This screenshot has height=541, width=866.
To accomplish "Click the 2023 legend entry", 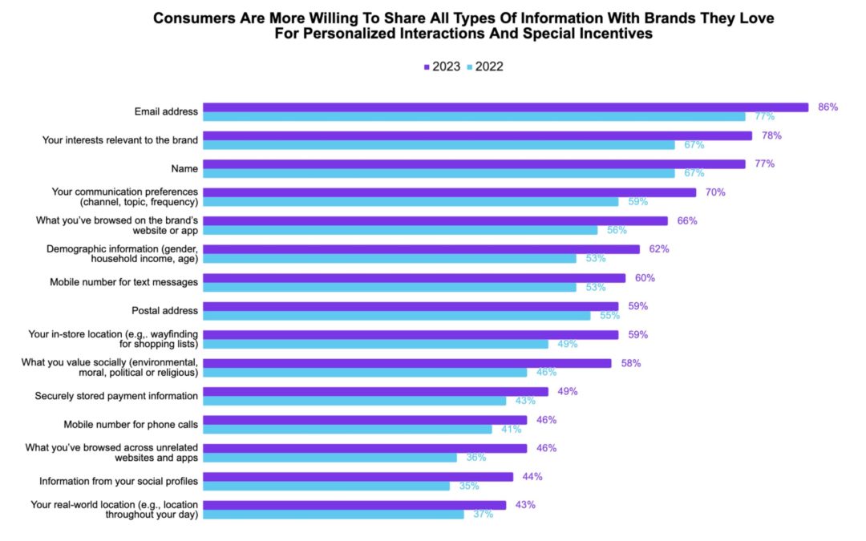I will [x=443, y=67].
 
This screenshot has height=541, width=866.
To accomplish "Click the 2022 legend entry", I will [x=484, y=67].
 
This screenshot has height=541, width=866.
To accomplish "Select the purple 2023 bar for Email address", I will [x=505, y=107].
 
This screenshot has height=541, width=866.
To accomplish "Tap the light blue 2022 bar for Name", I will [x=439, y=173].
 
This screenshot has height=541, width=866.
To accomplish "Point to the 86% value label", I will [x=828, y=107].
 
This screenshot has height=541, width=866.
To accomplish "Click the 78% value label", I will [x=771, y=135].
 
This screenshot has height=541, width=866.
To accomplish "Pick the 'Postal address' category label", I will [x=164, y=311].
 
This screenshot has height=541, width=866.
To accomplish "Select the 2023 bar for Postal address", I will [x=411, y=306].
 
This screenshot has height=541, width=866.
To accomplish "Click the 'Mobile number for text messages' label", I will [x=123, y=282].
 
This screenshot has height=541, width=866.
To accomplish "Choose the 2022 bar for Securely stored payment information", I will [x=354, y=401].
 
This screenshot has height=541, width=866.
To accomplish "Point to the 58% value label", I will [x=630, y=363].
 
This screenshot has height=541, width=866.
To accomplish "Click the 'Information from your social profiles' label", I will [x=119, y=481].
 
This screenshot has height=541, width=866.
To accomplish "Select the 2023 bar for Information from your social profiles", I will [x=358, y=477].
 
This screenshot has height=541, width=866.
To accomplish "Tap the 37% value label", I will [x=482, y=515].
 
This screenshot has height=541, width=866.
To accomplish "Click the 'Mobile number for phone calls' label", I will [x=131, y=424].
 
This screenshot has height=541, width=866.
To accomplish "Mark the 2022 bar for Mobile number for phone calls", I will [x=347, y=430].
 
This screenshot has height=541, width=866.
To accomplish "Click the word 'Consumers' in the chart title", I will [x=191, y=18].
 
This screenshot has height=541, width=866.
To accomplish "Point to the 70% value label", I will [x=715, y=192].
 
